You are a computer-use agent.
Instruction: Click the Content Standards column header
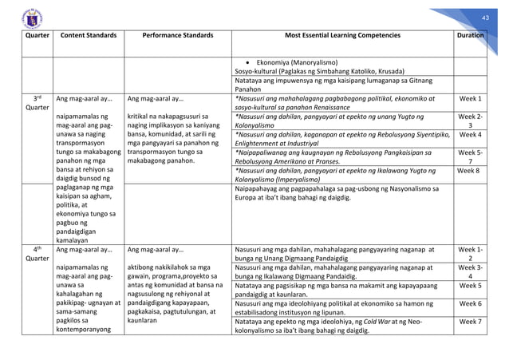point(89,36)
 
